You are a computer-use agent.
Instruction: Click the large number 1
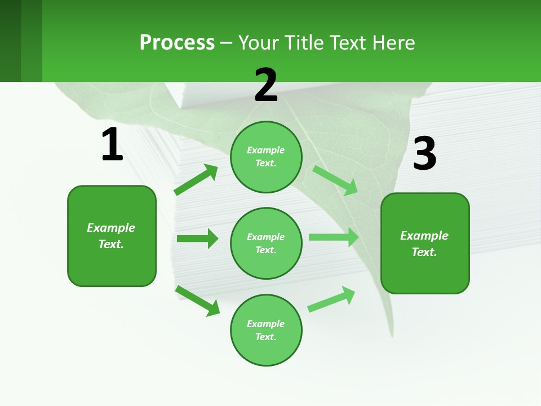(112, 144)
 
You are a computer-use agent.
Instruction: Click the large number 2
(266, 85)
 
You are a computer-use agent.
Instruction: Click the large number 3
(424, 153)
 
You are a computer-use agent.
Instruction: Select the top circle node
(266, 157)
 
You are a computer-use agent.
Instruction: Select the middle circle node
(266, 243)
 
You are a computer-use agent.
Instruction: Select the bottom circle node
(266, 330)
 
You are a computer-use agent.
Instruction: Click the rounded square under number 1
(112, 236)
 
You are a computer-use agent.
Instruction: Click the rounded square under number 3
(425, 243)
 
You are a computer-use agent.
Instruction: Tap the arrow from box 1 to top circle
(196, 180)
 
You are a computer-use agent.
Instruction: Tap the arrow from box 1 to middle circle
(197, 239)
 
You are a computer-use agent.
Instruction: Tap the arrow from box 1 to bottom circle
(197, 300)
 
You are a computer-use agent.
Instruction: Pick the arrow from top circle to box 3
(335, 180)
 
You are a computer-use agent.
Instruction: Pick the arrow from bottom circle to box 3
(331, 299)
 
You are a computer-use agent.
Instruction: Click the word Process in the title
(177, 42)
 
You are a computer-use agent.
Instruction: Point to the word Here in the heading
(394, 42)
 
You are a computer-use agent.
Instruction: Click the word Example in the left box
(111, 228)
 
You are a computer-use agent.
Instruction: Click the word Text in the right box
(424, 252)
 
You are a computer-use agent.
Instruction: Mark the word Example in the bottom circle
(265, 324)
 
